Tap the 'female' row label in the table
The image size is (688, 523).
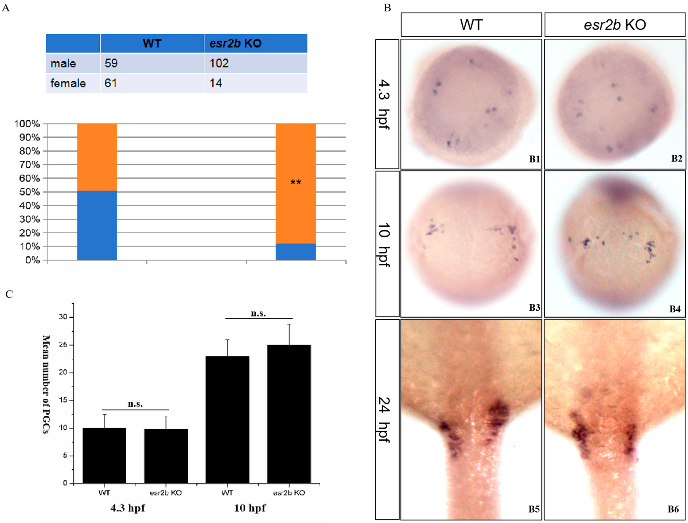point(68,83)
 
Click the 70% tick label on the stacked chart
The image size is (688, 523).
point(30,165)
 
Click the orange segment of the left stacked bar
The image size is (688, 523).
point(97,157)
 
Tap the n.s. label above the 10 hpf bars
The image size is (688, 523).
point(258,313)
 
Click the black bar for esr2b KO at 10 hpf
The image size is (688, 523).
point(289,414)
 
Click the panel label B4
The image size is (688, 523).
point(675,309)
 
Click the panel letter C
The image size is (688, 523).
point(9,294)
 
